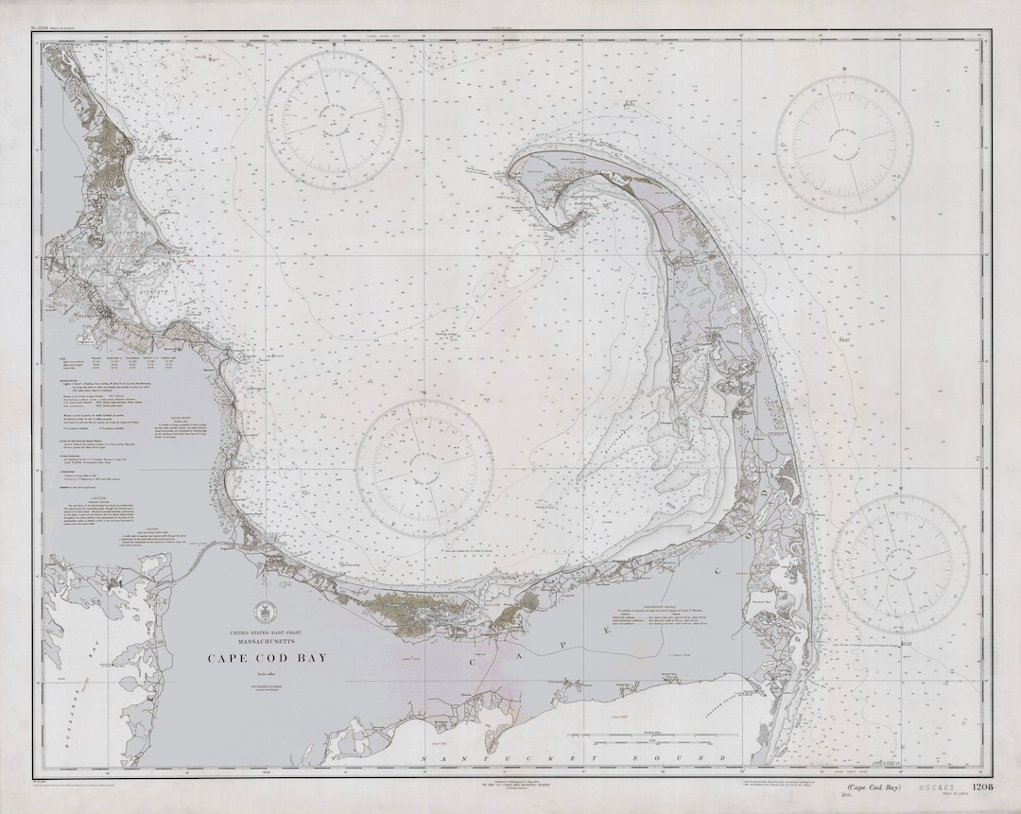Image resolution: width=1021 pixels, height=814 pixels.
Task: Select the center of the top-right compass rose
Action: point(844,144)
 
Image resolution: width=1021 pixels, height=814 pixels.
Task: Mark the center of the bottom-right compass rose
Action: point(900,564)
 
